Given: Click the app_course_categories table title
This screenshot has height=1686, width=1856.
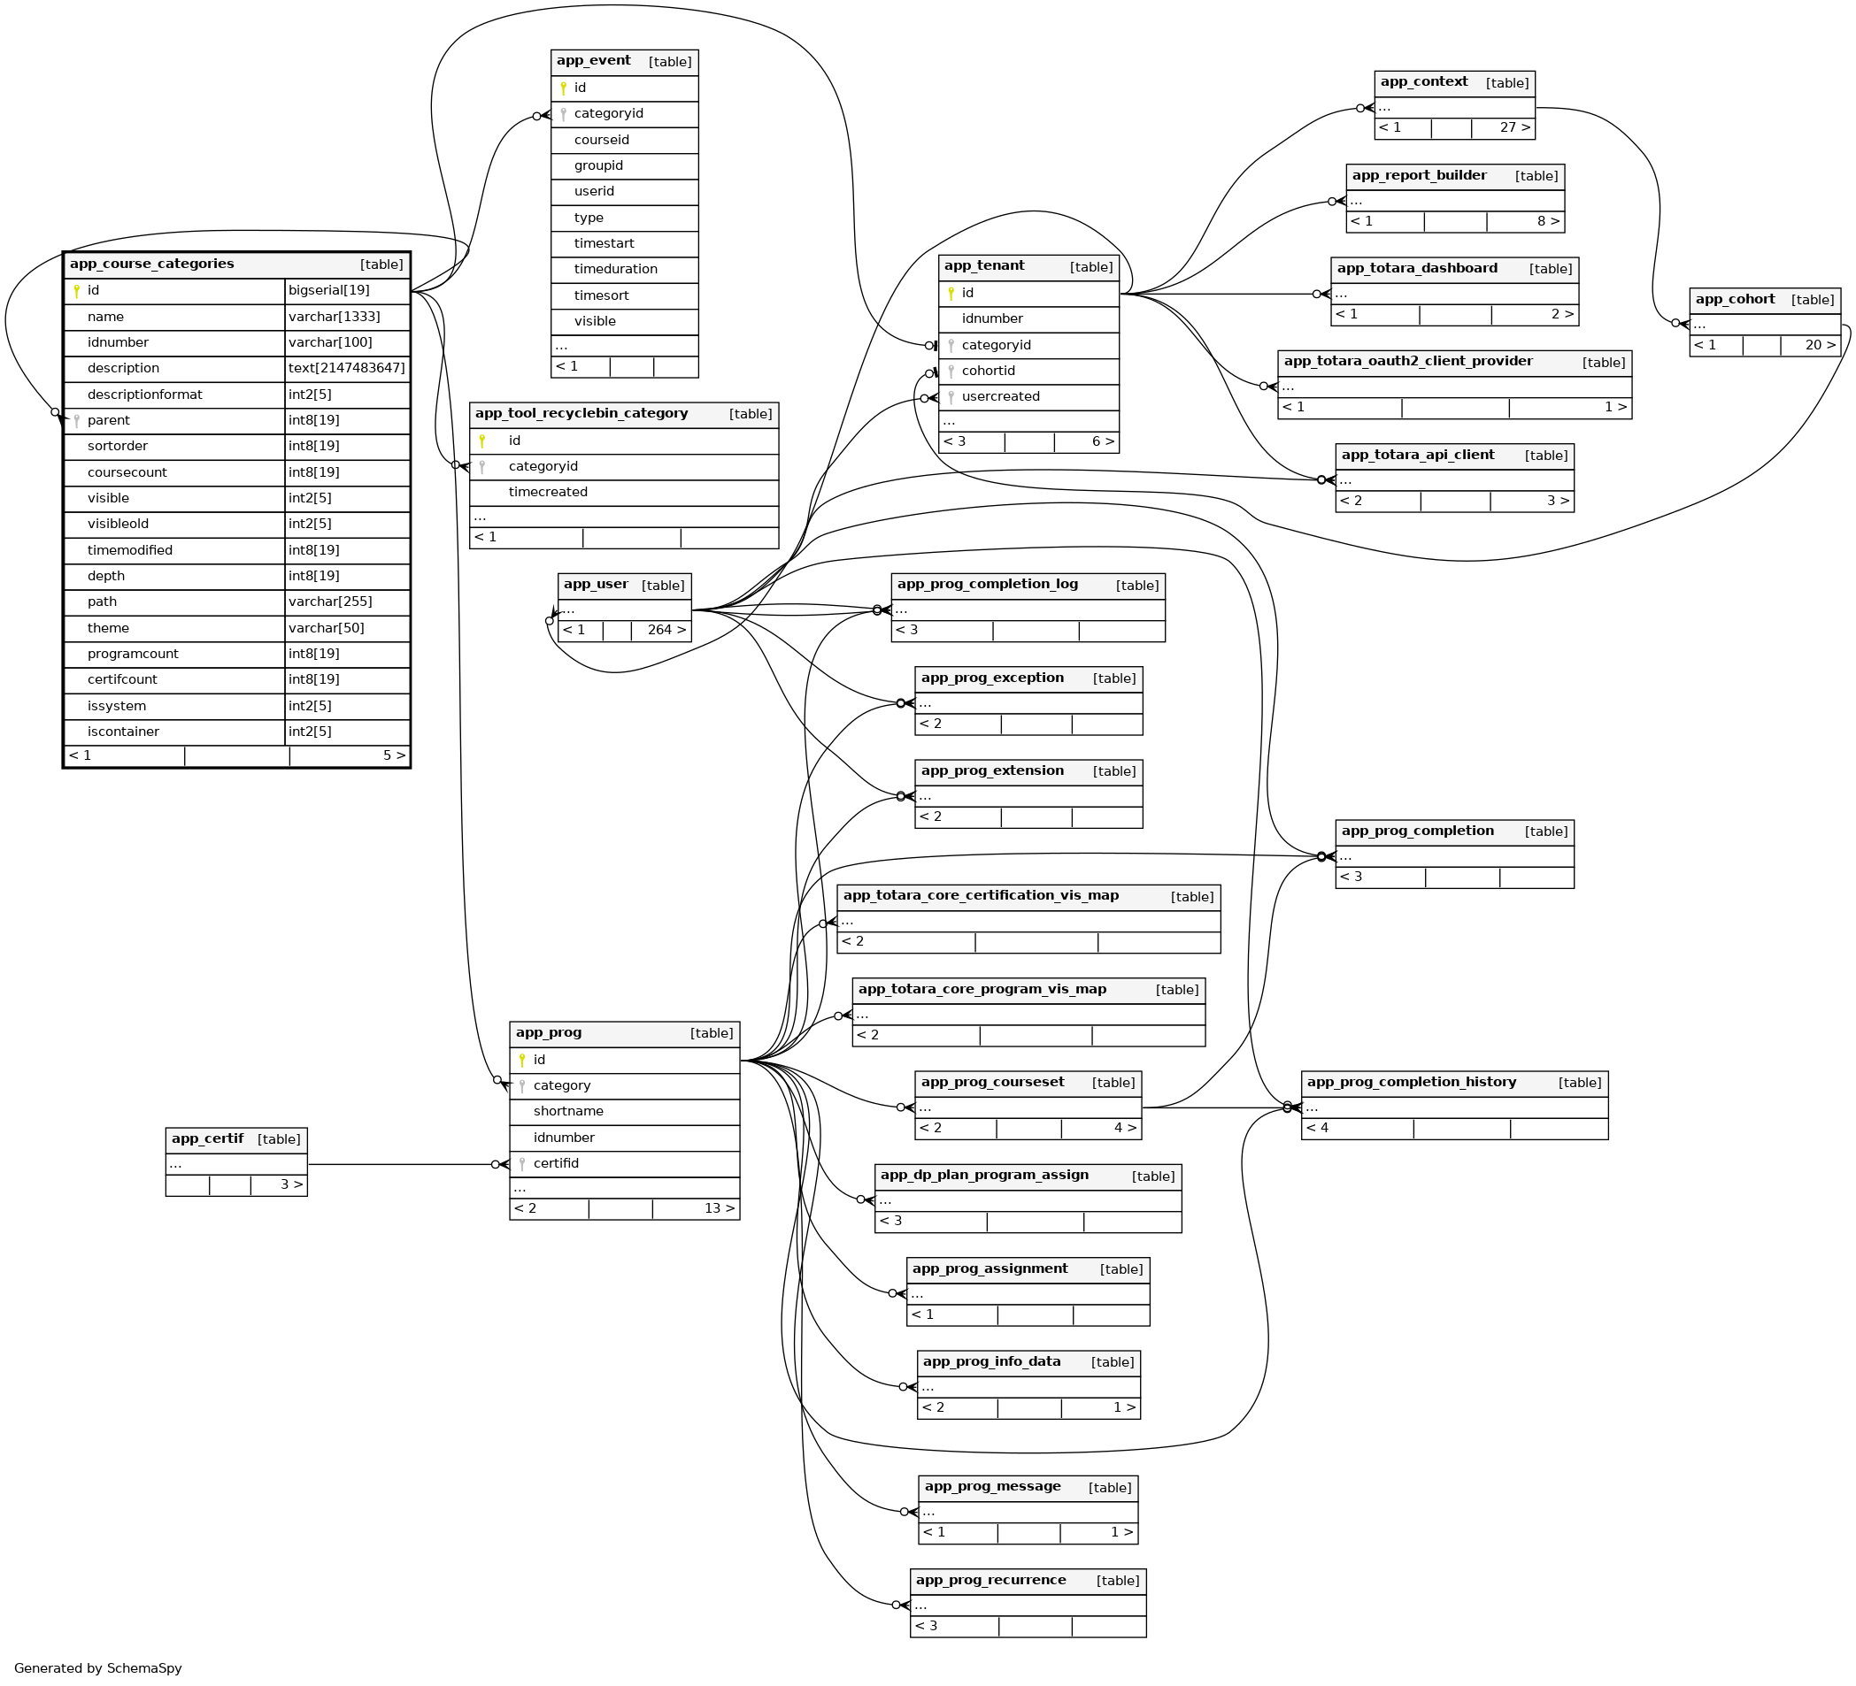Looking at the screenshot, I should pos(152,264).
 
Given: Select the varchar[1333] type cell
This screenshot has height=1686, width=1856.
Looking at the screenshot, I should pos(335,317).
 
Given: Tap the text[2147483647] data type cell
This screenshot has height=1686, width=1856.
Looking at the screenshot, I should pos(346,368).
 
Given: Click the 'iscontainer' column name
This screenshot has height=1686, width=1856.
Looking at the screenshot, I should pos(123,732).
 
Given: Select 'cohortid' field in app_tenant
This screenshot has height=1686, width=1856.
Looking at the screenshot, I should pos(988,371).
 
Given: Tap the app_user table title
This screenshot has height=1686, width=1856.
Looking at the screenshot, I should pos(596,585).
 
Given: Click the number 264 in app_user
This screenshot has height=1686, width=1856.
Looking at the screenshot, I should pos(660,631).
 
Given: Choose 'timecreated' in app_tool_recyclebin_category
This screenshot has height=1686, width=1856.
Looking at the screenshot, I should pos(548,493).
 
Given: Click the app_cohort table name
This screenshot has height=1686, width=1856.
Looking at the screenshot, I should pos(1735,299).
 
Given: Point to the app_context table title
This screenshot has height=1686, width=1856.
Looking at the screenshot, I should pos(1423,82).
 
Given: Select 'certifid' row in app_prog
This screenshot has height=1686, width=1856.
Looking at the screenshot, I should pos(556,1163).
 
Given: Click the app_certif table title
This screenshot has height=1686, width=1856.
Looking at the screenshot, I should pos(207,1139).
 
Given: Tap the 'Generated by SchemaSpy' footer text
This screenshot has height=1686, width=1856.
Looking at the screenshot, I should pos(97,1668).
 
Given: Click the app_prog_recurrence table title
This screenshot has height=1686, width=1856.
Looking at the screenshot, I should pos(990,1580).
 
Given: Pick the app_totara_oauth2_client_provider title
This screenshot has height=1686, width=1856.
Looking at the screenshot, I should pos(1407,362).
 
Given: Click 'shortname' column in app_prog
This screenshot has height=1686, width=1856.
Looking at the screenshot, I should pos(568,1112).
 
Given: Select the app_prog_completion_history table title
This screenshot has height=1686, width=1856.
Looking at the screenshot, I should pos(1412,1083).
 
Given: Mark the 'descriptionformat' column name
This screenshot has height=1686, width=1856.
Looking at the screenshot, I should pos(144,395).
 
